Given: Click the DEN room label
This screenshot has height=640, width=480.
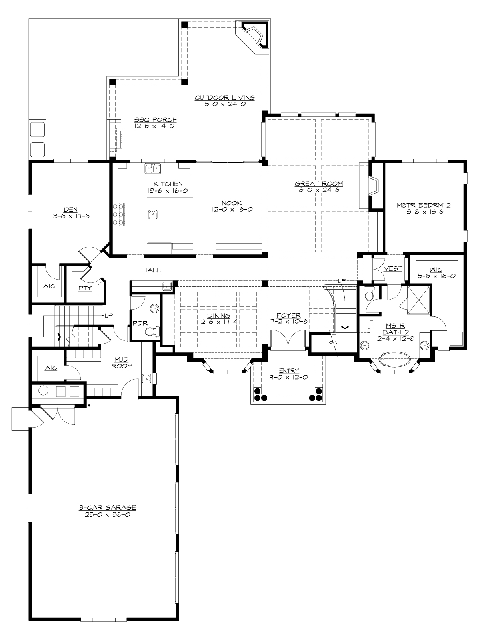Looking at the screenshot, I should click(70, 209).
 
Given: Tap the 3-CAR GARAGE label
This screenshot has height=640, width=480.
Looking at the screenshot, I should click(107, 508).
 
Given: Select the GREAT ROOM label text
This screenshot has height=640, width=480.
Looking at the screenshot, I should click(319, 184).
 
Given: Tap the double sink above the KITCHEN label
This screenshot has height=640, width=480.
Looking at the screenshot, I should click(153, 168).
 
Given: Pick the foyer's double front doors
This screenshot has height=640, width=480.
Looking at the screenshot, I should click(285, 339).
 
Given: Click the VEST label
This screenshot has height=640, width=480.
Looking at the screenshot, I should click(392, 269).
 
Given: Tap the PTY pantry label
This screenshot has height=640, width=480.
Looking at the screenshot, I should click(85, 288).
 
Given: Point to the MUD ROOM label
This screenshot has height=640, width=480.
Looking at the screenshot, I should click(122, 363).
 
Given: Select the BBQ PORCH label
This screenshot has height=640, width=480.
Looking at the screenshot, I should click(155, 120).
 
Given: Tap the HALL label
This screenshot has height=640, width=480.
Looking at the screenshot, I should click(152, 270).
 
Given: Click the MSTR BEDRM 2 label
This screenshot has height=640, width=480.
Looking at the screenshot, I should click(424, 206).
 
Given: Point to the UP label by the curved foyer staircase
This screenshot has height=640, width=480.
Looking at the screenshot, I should click(341, 281).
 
